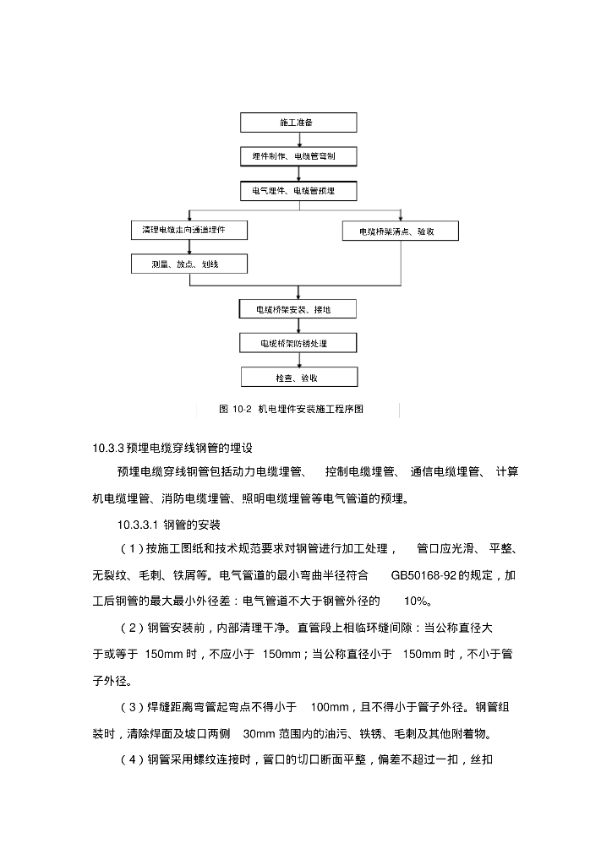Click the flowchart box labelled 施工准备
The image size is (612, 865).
(x=299, y=123)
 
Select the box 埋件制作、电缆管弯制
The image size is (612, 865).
(x=299, y=157)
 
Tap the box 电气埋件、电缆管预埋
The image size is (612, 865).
(x=299, y=191)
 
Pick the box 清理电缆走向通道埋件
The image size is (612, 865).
(x=189, y=230)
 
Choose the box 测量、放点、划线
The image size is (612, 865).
(x=189, y=264)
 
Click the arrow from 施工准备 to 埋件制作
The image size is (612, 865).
(x=299, y=140)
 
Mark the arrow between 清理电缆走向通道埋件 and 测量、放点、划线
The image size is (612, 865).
(x=189, y=248)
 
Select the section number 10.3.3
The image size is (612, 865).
(x=109, y=448)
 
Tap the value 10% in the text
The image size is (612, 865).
(x=418, y=601)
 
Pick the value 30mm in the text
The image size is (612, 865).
(x=257, y=733)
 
